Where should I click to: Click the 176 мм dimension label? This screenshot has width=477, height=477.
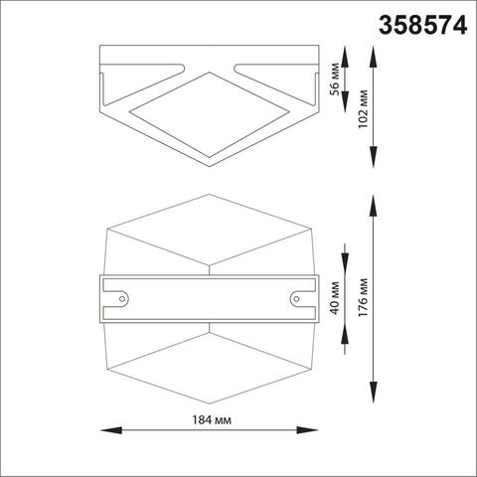367,296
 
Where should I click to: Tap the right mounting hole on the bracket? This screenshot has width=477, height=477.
295,296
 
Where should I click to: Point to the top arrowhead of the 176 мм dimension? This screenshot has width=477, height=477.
374,198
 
